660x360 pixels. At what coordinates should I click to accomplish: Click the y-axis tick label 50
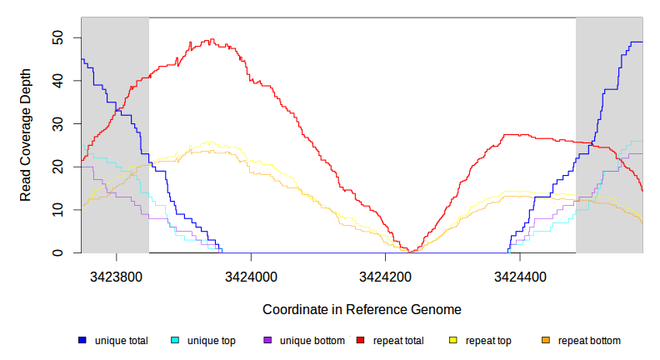(x=57, y=37)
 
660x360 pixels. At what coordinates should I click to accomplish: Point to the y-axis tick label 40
(x=57, y=81)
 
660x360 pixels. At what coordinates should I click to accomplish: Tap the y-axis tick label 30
(x=57, y=123)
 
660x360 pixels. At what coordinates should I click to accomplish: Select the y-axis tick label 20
(x=57, y=167)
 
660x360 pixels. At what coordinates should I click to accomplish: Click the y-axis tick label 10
(x=57, y=210)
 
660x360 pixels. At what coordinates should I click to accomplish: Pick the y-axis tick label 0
(x=57, y=252)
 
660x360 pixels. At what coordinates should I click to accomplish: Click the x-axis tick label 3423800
(x=116, y=274)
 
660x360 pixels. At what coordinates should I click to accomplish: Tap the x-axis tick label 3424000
(x=251, y=274)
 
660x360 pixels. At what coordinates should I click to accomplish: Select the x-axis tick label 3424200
(x=385, y=274)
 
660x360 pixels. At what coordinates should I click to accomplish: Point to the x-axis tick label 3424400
(x=520, y=274)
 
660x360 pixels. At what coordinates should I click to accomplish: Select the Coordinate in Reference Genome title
(x=362, y=309)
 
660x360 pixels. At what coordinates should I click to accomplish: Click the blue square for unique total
(x=82, y=341)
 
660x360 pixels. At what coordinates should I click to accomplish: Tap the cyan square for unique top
(x=175, y=341)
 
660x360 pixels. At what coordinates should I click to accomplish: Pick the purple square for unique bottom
(x=267, y=341)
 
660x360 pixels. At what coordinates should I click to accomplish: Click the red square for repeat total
(x=360, y=341)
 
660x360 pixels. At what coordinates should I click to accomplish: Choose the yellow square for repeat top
(x=453, y=341)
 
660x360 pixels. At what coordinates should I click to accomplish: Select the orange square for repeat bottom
(x=546, y=341)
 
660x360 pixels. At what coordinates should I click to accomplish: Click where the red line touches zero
(x=412, y=252)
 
